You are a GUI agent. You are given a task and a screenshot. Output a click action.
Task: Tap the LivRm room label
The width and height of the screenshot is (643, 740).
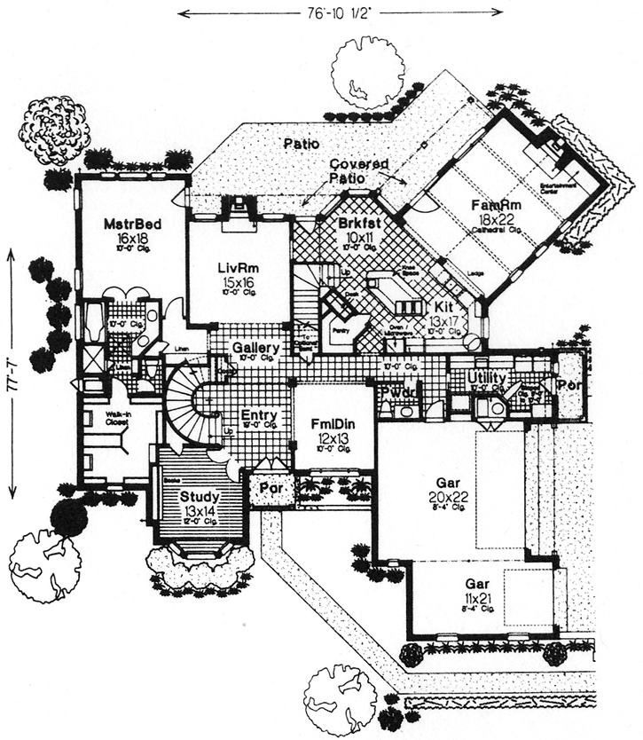pos(237,267)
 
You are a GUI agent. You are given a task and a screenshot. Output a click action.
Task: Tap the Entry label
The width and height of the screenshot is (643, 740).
pos(259,415)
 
